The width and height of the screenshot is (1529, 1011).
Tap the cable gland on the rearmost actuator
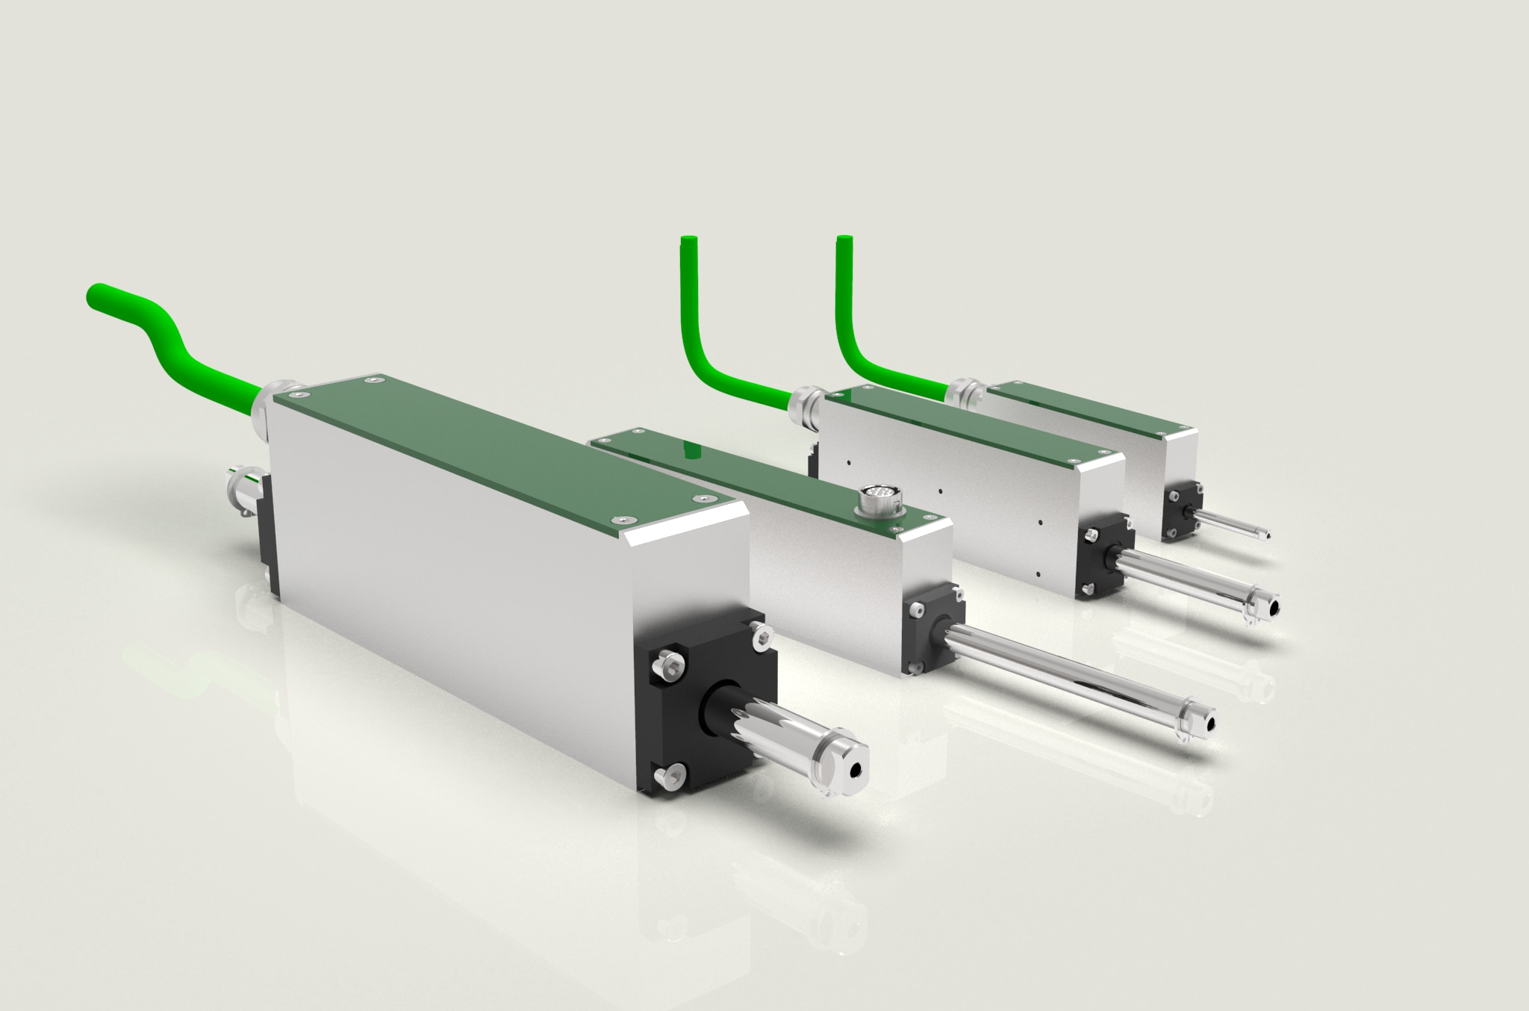pyautogui.click(x=964, y=392)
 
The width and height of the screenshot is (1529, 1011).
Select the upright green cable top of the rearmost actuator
pyautogui.click(x=844, y=241)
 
